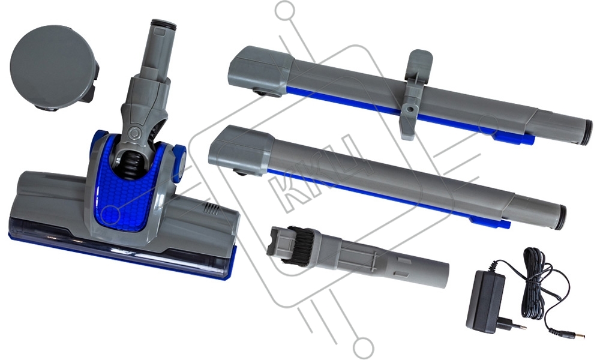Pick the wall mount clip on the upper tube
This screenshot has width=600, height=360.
point(414,93)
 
